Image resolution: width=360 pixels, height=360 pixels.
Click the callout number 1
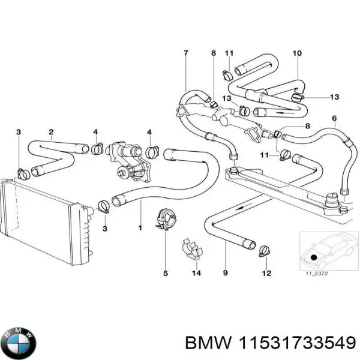pos(140,228)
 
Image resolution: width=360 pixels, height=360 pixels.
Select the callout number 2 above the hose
pos(51,131)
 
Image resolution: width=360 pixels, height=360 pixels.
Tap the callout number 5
pos(165,274)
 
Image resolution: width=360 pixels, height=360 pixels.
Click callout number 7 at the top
pos(185,53)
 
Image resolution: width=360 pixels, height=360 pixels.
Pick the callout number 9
pos(226,274)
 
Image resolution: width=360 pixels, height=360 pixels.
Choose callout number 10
pos(296,53)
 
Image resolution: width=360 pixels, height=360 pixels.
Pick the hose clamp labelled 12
pos(262,250)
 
